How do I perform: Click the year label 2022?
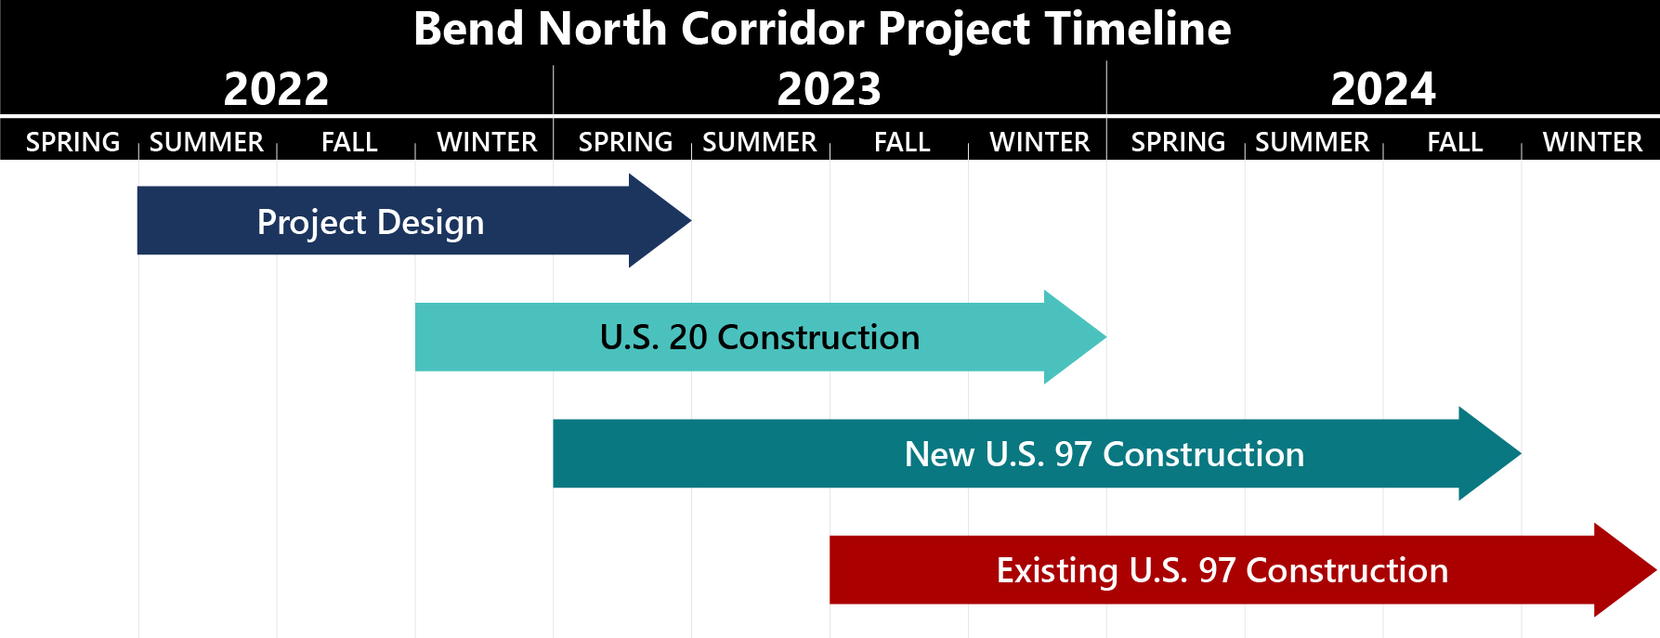coord(276,89)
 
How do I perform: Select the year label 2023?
coord(829,89)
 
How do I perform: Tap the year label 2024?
coord(1382,89)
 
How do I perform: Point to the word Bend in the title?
coord(469,29)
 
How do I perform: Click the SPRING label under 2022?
coord(72,142)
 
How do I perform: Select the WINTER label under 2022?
coord(487,142)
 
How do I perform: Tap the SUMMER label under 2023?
coord(760,142)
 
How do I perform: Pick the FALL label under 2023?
coord(902,142)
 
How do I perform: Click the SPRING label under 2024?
coord(1178,142)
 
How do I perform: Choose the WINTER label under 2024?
coord(1592,142)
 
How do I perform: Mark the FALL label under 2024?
coord(1455,142)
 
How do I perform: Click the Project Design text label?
coord(371,223)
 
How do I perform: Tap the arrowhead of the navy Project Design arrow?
coord(660,221)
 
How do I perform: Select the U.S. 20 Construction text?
coord(760,337)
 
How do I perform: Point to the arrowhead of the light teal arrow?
coord(1075,337)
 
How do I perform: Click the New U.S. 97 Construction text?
coord(1104,454)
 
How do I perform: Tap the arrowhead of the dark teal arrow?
coord(1490,454)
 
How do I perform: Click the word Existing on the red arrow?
coord(1057,571)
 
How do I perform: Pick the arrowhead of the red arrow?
coord(1626,570)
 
